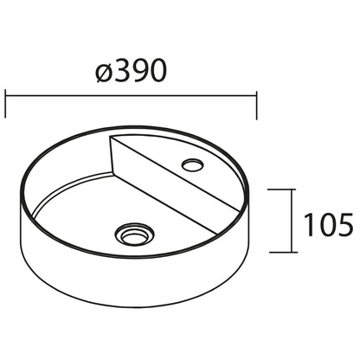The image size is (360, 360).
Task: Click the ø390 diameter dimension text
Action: pos(132,72)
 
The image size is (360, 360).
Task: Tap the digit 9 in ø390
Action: pos(141,72)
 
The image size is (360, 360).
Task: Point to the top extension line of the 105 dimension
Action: pos(282,190)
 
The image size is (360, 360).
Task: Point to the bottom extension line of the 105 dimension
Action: pos(282,252)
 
